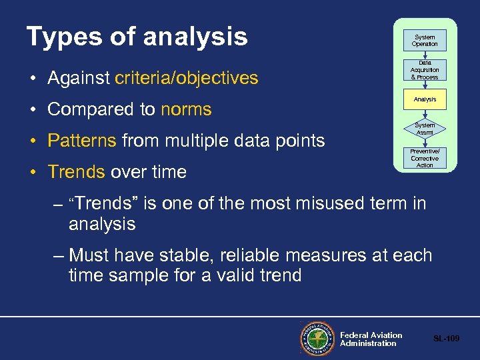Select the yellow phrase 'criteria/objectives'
coord(186,78)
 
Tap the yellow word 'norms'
coord(186,109)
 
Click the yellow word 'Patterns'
coord(82,141)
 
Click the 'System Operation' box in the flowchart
coord(425,41)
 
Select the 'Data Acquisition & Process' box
coord(425,69)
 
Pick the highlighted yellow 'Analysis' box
coord(425,99)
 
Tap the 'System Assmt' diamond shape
coord(425,129)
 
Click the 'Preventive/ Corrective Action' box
coord(425,159)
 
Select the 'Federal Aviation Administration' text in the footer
coord(371,339)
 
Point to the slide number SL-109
coord(446,339)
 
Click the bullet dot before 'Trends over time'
coord(33,172)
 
